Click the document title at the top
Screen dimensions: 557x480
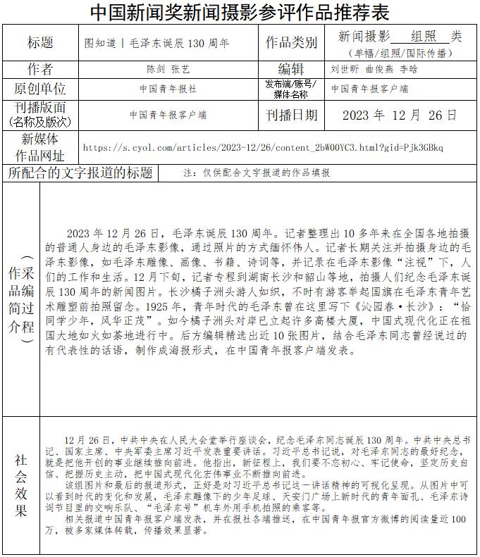(240, 12)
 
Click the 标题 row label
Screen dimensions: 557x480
(40, 43)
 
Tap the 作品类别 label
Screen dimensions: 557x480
(290, 43)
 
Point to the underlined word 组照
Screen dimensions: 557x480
(421, 36)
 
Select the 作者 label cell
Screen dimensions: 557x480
(40, 69)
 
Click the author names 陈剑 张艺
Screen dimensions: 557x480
(168, 70)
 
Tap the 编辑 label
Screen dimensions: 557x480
(290, 69)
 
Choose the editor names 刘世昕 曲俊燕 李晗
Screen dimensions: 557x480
(374, 70)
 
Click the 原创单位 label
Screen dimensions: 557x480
(40, 89)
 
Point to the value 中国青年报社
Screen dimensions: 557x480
(168, 89)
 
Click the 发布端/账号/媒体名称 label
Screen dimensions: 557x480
(290, 89)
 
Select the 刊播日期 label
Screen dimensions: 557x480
(290, 115)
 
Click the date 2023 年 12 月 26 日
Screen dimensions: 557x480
(400, 115)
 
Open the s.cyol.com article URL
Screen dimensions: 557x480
(263, 148)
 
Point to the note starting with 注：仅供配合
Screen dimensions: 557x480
(256, 173)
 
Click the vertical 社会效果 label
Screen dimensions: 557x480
(21, 485)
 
